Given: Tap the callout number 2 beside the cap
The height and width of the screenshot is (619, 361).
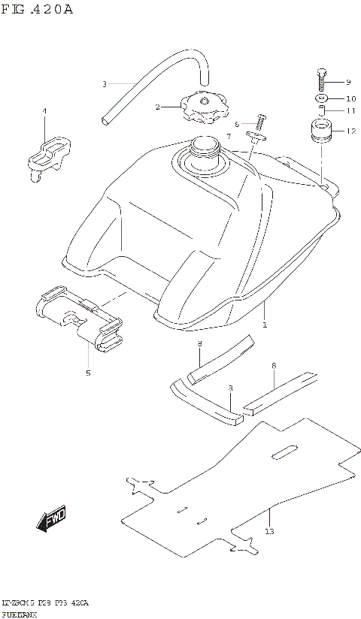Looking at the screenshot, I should pos(157,107).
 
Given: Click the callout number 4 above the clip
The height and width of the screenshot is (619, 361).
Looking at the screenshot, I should pos(44,111).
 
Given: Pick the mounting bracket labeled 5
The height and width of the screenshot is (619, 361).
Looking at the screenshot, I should pos(79,319).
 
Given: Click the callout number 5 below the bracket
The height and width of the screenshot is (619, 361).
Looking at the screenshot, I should pos(87,372).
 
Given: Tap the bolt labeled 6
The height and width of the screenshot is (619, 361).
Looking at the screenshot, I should pos(261,120).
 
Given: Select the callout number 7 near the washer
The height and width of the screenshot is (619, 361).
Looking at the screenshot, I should pos(229,136).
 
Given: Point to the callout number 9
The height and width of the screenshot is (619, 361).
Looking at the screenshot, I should pos(348,82).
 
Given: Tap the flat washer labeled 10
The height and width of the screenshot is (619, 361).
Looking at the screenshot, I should pos(320,98).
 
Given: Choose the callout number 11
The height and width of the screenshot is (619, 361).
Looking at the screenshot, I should pos(350,111).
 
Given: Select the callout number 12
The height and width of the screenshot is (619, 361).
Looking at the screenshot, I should pos(350,131).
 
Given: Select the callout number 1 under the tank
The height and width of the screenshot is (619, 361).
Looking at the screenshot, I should pos(264,325).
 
